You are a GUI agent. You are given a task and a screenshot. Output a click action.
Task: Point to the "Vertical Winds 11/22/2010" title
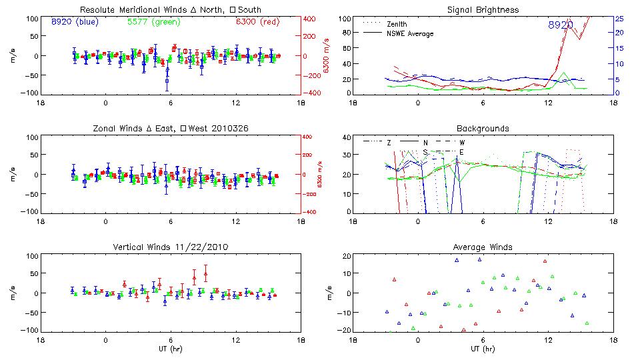[x=171, y=247]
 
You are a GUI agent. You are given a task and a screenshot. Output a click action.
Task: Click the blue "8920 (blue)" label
[x=74, y=22]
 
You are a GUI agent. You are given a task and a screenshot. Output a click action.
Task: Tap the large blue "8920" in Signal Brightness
[x=561, y=25]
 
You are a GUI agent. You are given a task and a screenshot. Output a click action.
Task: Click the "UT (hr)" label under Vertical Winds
[x=171, y=348]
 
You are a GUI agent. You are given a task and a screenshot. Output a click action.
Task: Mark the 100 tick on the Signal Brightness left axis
[x=343, y=19]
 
